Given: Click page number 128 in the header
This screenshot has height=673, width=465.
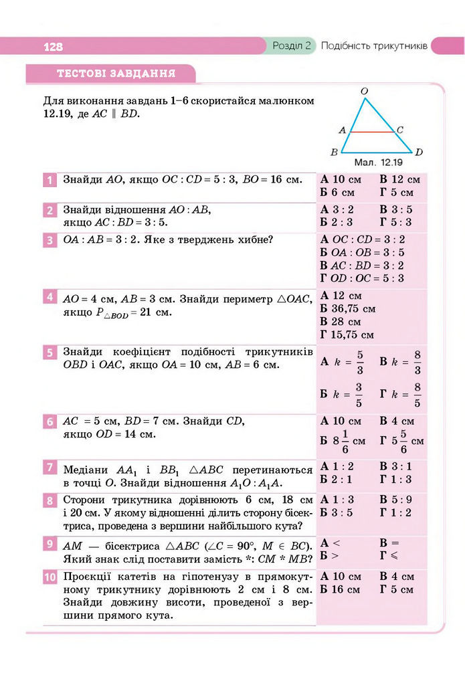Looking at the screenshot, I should pos(53,47).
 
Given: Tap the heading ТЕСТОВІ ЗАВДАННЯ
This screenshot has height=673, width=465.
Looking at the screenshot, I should pos(116,73).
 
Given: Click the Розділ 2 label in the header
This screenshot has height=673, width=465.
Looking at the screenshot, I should pos(292,46).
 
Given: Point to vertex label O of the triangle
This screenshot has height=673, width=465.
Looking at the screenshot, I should pos(363,90).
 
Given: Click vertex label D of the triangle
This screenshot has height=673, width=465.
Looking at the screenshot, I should pos(419,153).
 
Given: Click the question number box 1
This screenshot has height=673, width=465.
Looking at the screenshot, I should pos(50,180).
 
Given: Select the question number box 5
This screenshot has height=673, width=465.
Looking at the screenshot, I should pos(50,353).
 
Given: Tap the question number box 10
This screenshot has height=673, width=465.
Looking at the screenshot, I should pos(50,577).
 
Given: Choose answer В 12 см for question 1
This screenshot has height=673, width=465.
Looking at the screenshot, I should pos(399,179).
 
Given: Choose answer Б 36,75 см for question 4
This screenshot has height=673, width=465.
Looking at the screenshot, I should pos(348,308).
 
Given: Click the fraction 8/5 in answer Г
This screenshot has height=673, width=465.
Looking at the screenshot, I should pos(417,395).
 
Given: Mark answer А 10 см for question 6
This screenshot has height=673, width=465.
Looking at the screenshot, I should pos(341,421).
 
